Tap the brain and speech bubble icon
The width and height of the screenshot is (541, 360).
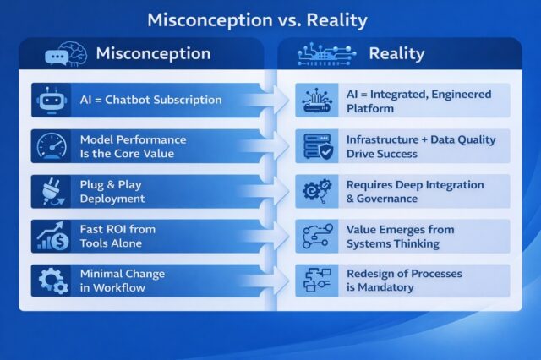click(x=67, y=54)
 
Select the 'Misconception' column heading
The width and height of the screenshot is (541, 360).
click(x=153, y=54)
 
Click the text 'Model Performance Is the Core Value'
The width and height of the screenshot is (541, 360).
click(x=133, y=145)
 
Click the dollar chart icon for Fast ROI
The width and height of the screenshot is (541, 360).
click(x=49, y=236)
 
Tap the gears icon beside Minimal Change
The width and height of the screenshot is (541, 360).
click(x=49, y=281)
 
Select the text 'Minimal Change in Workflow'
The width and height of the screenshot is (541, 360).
click(x=122, y=281)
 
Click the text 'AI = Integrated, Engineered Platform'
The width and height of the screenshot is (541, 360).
click(x=418, y=101)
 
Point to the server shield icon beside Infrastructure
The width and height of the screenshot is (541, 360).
click(x=317, y=145)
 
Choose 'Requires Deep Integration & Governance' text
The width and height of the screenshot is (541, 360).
click(x=415, y=191)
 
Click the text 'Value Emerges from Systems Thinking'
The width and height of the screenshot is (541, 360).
click(x=400, y=236)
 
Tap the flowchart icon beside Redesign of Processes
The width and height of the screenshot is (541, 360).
click(x=317, y=281)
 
